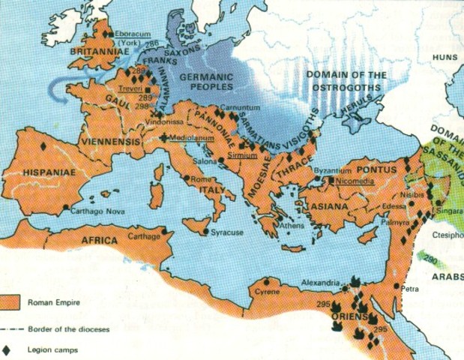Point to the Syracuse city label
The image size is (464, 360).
[x=227, y=232]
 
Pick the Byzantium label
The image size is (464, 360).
[x=333, y=171]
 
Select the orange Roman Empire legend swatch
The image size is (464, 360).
[x=10, y=303]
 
